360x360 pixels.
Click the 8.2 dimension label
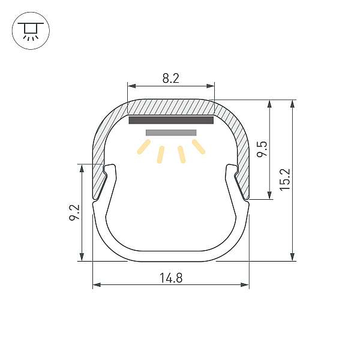170,78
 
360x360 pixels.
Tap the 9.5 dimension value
262,149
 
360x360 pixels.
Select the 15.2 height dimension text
285,179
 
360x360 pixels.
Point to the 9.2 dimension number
74,212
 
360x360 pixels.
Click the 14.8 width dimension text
171,278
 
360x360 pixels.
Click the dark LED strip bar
171,120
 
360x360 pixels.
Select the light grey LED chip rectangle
171,133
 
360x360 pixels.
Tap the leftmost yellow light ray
143,147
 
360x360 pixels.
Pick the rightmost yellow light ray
199,147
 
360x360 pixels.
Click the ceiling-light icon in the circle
31,31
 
